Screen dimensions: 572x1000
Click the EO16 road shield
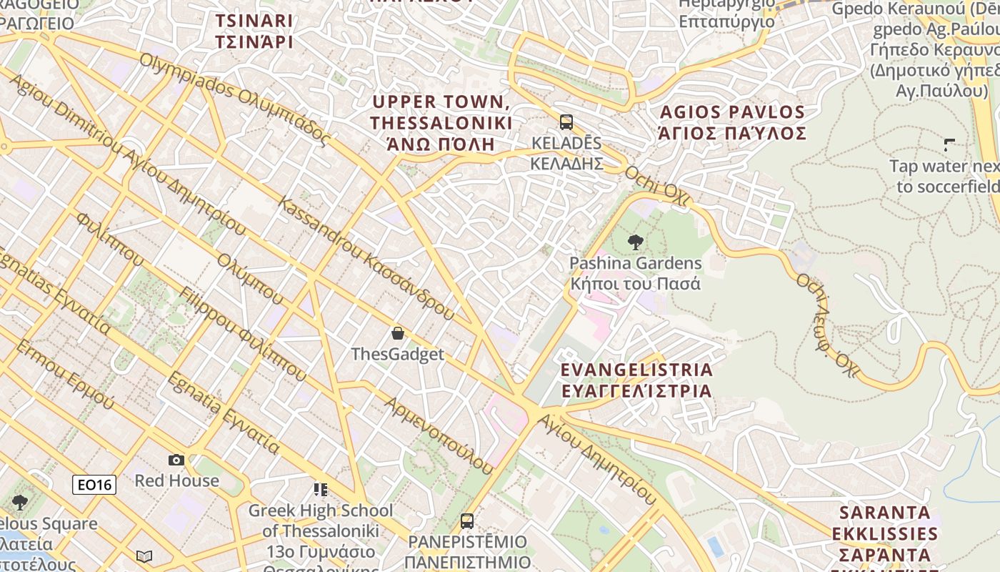(x=94, y=485)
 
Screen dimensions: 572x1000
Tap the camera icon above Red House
(x=176, y=460)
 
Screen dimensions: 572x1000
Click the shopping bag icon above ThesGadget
(x=398, y=333)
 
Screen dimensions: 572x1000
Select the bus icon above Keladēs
(x=566, y=122)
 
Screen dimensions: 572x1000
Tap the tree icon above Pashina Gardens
(x=634, y=242)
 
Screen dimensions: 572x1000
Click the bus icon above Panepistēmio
(x=467, y=521)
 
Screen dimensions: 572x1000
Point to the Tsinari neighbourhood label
(x=254, y=31)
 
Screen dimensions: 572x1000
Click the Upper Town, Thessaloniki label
(x=441, y=122)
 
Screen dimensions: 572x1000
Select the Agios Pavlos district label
(x=733, y=122)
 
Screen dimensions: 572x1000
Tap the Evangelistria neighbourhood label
(x=636, y=380)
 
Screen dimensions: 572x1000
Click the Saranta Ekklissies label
(x=885, y=533)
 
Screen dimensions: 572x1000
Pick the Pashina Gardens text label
(x=635, y=273)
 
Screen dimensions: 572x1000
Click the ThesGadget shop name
(x=397, y=354)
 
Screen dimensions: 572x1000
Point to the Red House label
(x=176, y=480)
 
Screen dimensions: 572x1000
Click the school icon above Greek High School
(x=321, y=490)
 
